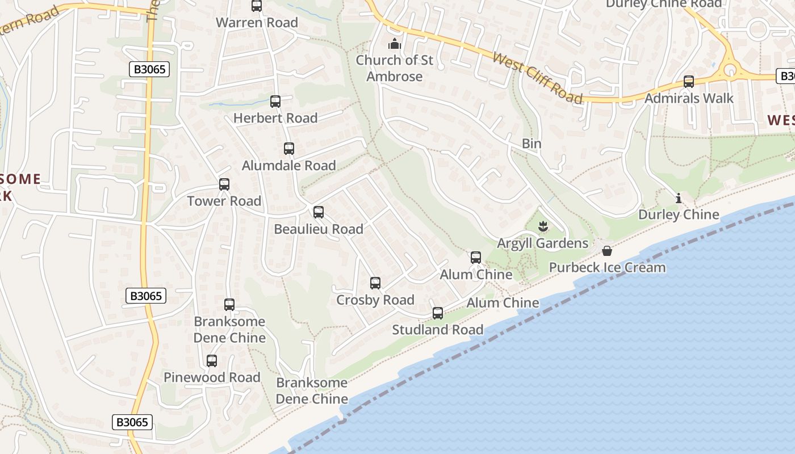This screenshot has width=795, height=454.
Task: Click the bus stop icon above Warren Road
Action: click(257, 6)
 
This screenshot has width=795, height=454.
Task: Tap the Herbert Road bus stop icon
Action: click(275, 102)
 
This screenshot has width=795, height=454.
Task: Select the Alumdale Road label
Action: click(288, 166)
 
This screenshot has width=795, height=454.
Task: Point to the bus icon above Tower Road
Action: click(224, 184)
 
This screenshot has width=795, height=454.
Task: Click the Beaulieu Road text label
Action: click(318, 229)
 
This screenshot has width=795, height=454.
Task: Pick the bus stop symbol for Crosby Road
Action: click(375, 283)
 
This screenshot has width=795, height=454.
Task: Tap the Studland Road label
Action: click(437, 330)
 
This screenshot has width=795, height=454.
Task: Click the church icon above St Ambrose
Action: click(394, 44)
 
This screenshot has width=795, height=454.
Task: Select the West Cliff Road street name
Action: click(537, 78)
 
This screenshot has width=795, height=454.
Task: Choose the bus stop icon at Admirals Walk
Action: click(689, 82)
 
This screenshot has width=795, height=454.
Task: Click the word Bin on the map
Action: click(532, 144)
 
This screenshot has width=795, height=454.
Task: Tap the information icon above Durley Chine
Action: click(678, 199)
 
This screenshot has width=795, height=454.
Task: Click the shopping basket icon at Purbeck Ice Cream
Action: click(607, 251)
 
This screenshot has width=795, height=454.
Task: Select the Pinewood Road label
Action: click(212, 377)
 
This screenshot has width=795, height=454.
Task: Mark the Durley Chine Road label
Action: click(663, 4)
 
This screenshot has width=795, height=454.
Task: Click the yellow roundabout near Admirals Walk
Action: click(729, 70)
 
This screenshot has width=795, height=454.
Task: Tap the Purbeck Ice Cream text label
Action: click(607, 267)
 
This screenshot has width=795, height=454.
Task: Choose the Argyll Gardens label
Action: click(542, 243)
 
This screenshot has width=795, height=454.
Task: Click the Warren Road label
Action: click(257, 23)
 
